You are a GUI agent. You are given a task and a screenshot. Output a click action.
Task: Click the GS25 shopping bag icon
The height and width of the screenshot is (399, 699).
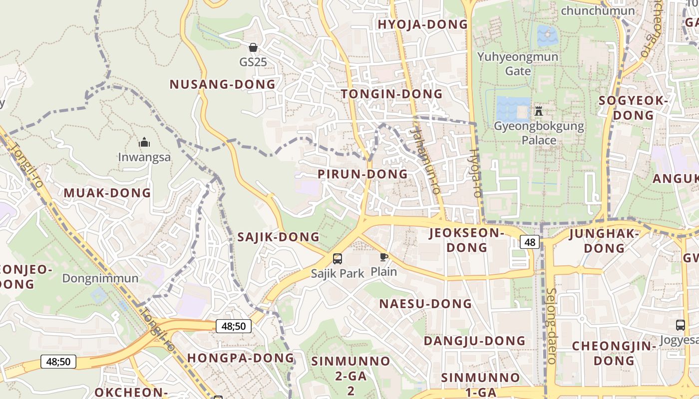[253, 47]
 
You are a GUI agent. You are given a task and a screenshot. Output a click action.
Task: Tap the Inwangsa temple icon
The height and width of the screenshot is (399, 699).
[144, 143]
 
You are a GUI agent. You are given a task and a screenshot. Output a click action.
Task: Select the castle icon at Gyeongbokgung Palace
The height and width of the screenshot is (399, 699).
[538, 110]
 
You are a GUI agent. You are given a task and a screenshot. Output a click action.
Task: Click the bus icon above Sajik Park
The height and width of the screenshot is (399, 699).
[338, 258]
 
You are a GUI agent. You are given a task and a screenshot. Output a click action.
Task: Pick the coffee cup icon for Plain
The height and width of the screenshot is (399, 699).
[383, 257]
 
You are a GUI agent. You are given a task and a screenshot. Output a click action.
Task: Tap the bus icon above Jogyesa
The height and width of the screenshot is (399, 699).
[680, 325]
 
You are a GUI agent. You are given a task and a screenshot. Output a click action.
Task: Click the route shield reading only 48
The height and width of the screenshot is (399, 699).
[530, 242]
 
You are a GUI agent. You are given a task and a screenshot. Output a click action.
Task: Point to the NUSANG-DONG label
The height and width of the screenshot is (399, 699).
[222, 84]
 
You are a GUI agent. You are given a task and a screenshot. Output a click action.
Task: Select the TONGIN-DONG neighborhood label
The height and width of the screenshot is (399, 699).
[391, 94]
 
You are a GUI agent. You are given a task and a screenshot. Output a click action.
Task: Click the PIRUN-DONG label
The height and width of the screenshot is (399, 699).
[362, 174]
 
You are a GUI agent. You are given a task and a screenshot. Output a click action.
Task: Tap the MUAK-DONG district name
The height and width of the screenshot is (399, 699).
[107, 193]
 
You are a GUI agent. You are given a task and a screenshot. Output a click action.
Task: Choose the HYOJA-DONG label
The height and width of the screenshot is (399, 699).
[422, 24]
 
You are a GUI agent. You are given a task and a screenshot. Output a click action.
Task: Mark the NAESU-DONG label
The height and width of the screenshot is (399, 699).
[425, 304]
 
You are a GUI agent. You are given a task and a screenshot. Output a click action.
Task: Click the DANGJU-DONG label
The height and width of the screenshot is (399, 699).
[474, 341]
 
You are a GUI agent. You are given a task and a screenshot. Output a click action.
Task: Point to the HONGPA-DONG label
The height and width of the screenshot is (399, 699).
[241, 358]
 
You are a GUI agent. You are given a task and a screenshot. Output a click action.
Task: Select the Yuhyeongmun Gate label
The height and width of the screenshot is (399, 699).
[518, 63]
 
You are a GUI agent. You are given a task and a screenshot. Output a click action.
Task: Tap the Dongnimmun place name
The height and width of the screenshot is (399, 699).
[100, 278]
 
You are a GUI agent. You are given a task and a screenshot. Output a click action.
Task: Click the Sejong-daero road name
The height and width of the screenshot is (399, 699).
[551, 325]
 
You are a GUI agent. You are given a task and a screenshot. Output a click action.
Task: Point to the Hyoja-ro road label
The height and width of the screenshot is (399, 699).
[475, 173]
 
